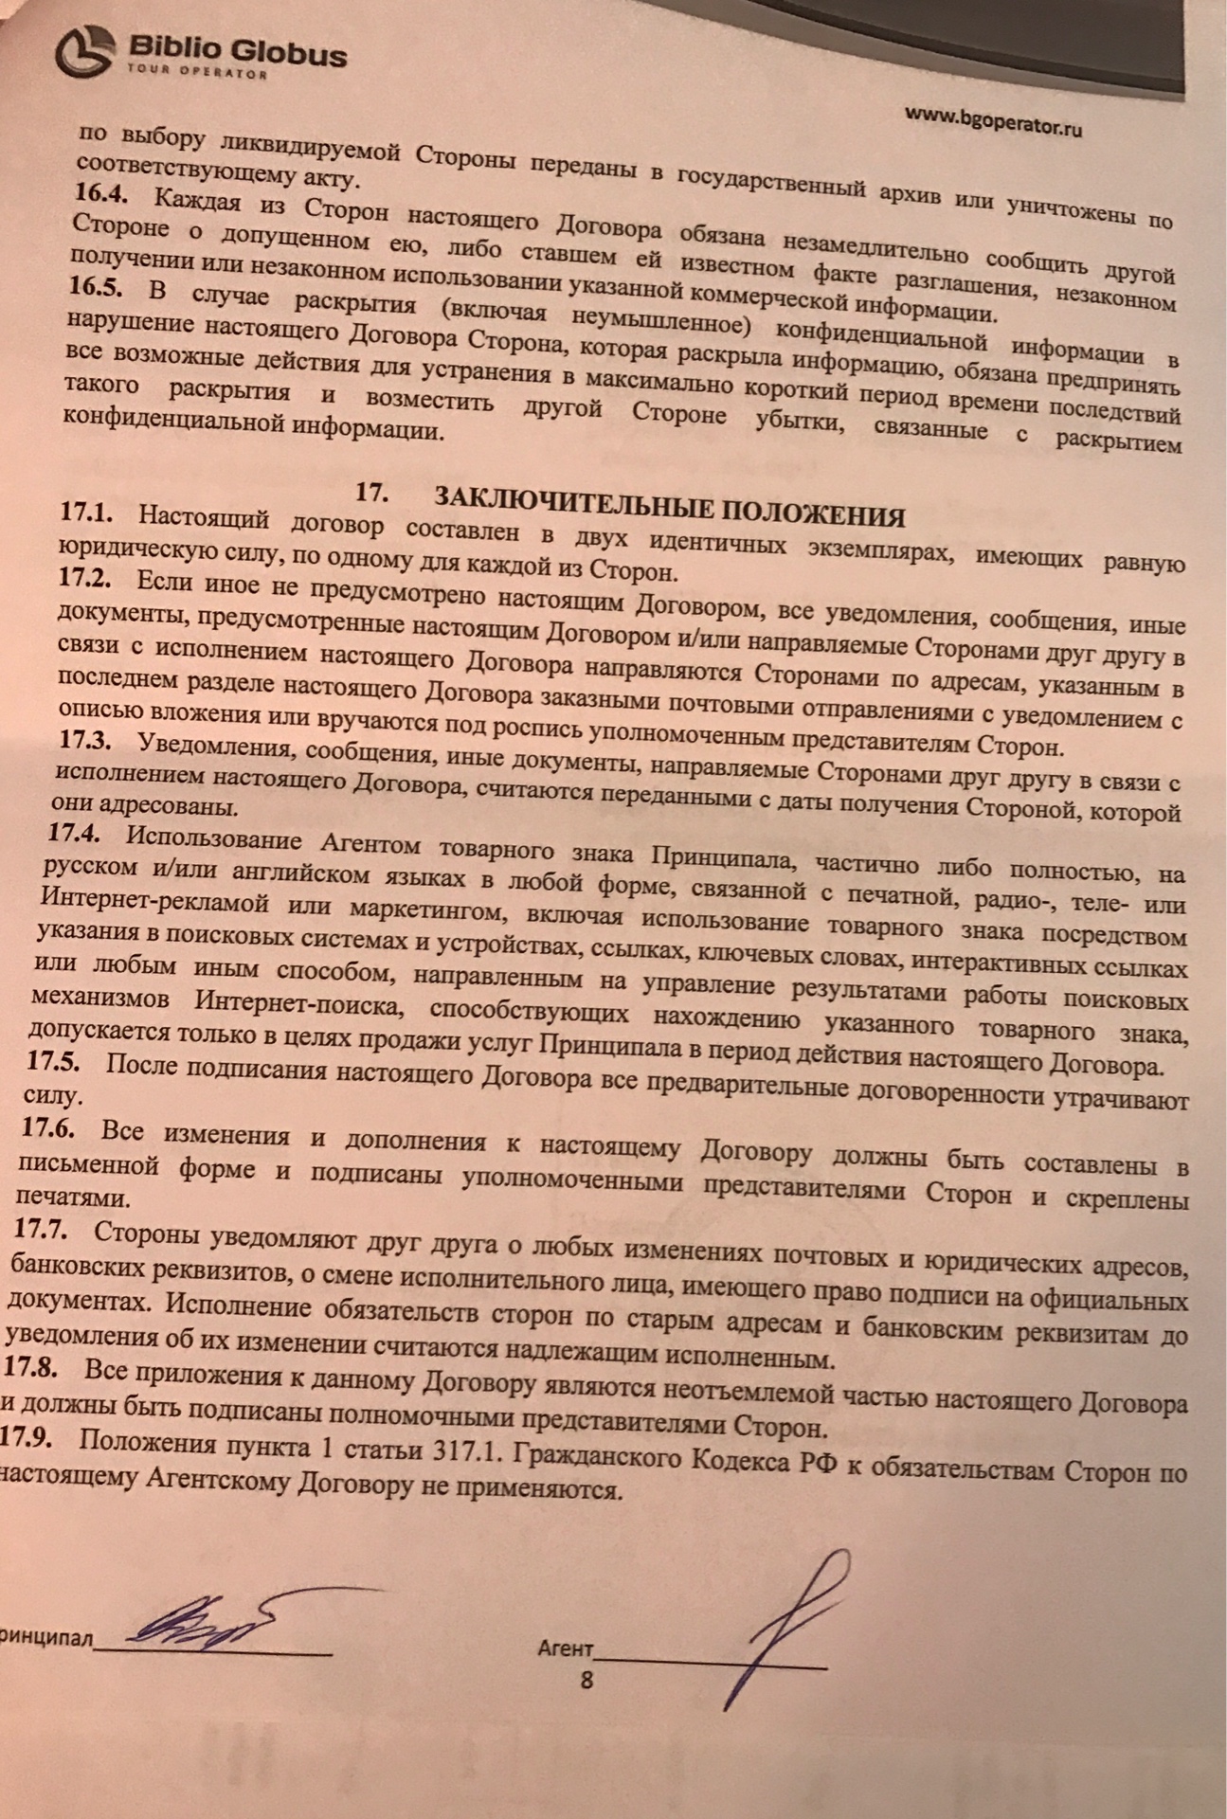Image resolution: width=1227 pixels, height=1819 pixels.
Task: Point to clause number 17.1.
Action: pos(86,514)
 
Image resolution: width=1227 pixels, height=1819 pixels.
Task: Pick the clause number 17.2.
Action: pos(84,579)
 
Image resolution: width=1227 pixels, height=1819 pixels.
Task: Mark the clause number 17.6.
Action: pos(49,1129)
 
